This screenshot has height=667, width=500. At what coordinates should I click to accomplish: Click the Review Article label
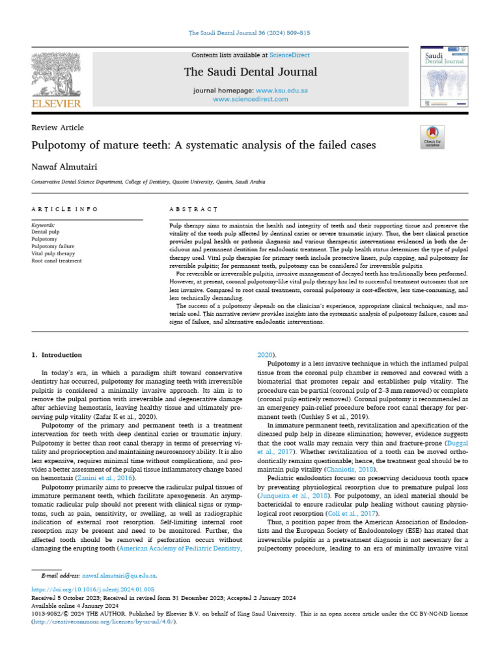pyautogui.click(x=57, y=128)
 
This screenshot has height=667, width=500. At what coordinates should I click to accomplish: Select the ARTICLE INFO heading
pyautogui.click(x=65, y=209)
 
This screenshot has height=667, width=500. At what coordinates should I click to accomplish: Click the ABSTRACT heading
pyautogui.click(x=193, y=209)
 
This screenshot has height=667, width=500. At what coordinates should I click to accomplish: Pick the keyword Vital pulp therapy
pyautogui.click(x=53, y=253)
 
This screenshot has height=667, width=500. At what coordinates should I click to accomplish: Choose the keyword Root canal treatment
pyautogui.click(x=57, y=261)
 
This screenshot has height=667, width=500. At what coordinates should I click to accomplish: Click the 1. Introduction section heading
pyautogui.click(x=57, y=355)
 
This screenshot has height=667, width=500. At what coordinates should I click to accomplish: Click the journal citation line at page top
pyautogui.click(x=250, y=33)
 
